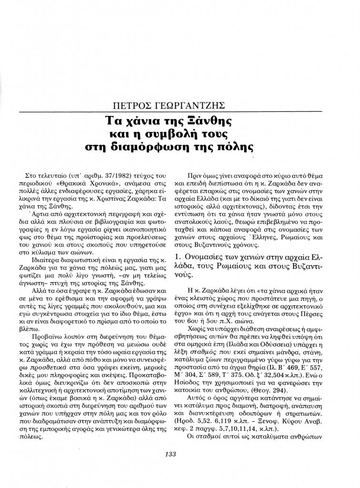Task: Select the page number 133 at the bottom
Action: click(180, 454)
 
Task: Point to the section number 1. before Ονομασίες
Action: click(179, 258)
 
